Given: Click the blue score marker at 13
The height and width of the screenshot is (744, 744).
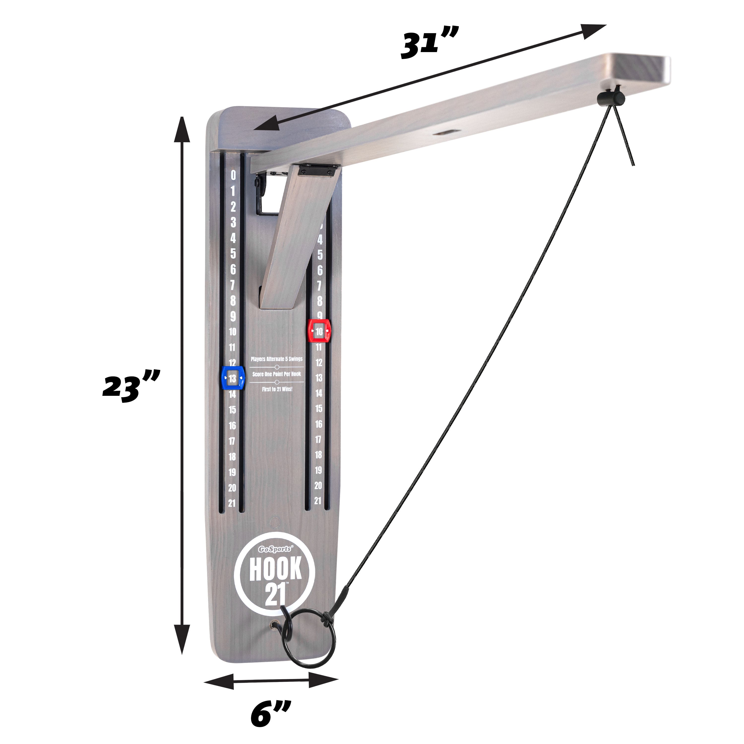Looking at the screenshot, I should click(x=233, y=378).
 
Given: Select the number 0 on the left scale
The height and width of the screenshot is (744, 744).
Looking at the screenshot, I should click(x=233, y=176).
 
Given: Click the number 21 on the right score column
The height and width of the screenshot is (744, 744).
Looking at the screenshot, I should click(x=318, y=501).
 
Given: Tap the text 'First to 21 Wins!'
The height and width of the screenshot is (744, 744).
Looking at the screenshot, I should click(x=277, y=389).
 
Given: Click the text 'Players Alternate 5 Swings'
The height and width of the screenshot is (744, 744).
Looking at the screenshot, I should click(x=277, y=359).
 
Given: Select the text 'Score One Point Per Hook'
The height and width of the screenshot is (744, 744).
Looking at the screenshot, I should click(x=277, y=374).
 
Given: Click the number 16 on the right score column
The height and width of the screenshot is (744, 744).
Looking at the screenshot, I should click(x=318, y=424).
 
